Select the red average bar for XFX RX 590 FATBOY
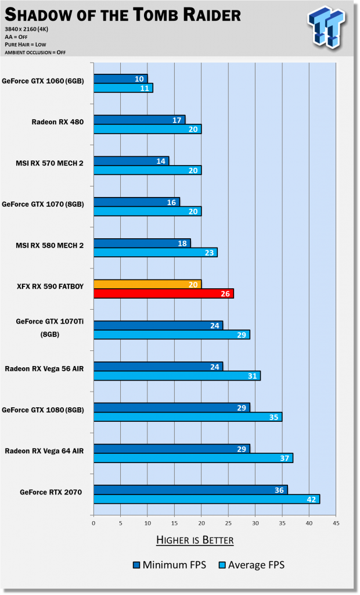(x=163, y=293)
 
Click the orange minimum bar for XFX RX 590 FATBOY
(x=147, y=284)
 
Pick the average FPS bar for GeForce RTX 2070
(x=206, y=499)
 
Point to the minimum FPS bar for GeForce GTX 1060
(x=120, y=78)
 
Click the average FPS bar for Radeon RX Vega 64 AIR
(x=193, y=458)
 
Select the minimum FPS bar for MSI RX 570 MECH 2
(x=131, y=161)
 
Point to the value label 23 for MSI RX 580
(x=210, y=253)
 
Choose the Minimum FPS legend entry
(x=169, y=564)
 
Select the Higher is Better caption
(x=195, y=540)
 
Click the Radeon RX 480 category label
(x=57, y=122)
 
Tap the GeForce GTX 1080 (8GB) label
(x=44, y=410)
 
